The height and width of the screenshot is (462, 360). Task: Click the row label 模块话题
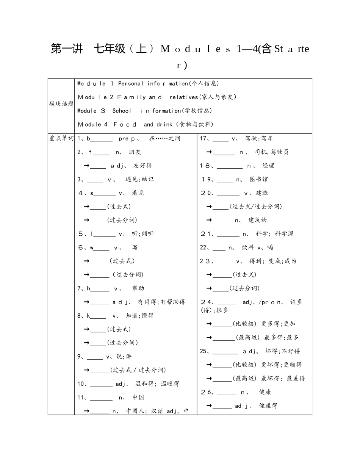click(x=61, y=104)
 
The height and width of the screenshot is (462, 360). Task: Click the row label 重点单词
click(x=61, y=138)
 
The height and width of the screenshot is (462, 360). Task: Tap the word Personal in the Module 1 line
click(x=131, y=83)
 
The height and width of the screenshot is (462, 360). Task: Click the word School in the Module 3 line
click(x=122, y=111)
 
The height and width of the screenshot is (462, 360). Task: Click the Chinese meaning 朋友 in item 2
click(x=135, y=152)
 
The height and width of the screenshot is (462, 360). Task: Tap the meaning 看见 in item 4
click(x=138, y=193)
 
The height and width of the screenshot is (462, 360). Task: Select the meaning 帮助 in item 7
click(x=138, y=288)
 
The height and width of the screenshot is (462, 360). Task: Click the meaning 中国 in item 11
click(x=138, y=398)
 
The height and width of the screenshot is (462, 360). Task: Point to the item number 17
click(x=203, y=138)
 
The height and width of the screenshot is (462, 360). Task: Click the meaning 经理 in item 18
click(x=268, y=166)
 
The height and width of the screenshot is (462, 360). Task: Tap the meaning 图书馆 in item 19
click(x=258, y=179)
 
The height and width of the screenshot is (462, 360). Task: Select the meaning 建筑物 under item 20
click(x=258, y=220)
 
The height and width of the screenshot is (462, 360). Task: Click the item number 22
click(x=203, y=247)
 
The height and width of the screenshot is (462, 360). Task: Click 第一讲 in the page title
click(x=67, y=49)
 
